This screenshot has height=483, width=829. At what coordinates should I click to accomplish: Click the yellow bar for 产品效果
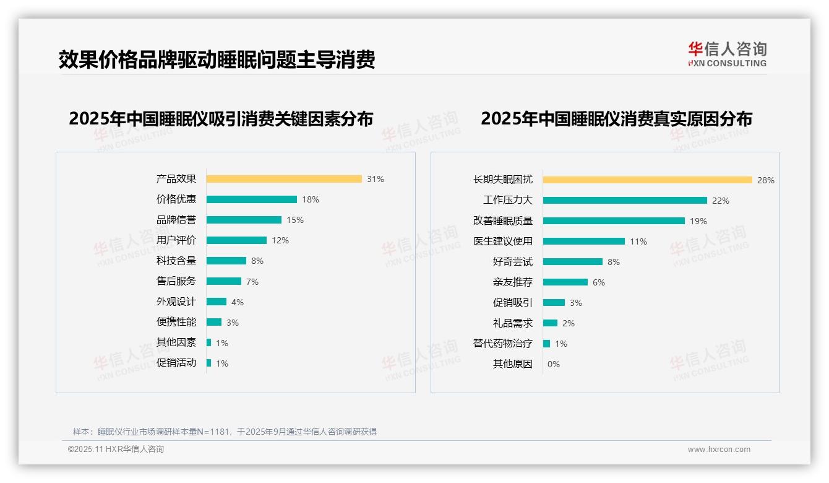284,179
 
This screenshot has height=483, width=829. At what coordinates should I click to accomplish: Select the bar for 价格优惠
252,199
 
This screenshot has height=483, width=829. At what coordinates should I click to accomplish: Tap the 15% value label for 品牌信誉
295,220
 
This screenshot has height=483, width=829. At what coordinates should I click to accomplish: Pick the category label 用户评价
176,240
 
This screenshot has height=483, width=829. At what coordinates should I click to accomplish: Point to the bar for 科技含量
226,261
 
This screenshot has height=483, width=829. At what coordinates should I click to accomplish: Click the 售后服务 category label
176,281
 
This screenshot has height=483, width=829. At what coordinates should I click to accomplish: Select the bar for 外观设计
217,302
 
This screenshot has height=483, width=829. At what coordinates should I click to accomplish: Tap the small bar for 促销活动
209,363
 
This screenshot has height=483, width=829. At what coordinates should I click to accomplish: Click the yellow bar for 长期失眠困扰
648,180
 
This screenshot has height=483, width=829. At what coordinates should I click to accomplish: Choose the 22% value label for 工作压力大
721,201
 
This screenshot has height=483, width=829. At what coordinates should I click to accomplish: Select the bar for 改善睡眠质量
614,221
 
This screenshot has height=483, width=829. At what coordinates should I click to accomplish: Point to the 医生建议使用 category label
503,241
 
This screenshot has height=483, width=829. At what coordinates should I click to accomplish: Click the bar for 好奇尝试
573,262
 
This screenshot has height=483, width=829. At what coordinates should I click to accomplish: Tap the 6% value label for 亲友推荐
599,282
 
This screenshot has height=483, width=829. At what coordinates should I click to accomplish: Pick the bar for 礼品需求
551,323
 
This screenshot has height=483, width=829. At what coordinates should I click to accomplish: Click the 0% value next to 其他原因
554,364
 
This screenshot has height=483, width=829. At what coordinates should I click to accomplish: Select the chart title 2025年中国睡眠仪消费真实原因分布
616,119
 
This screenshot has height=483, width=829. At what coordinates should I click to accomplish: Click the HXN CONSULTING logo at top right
727,54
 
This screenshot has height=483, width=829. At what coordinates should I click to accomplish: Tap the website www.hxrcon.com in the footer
719,450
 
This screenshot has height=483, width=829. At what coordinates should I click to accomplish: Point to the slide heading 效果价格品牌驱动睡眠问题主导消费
217,60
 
